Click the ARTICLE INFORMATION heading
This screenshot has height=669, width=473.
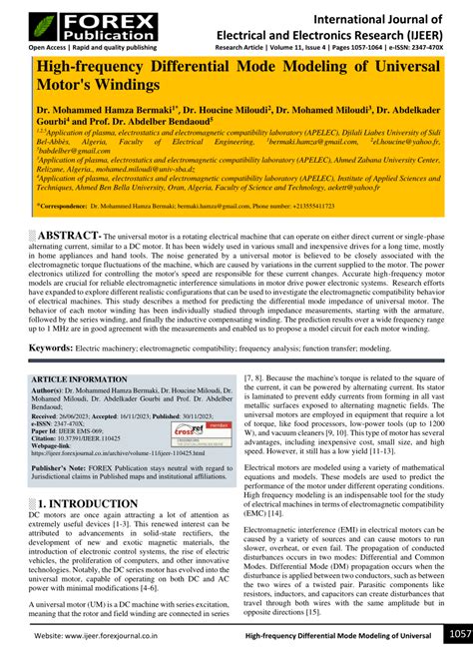pyautogui.click(x=84, y=380)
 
